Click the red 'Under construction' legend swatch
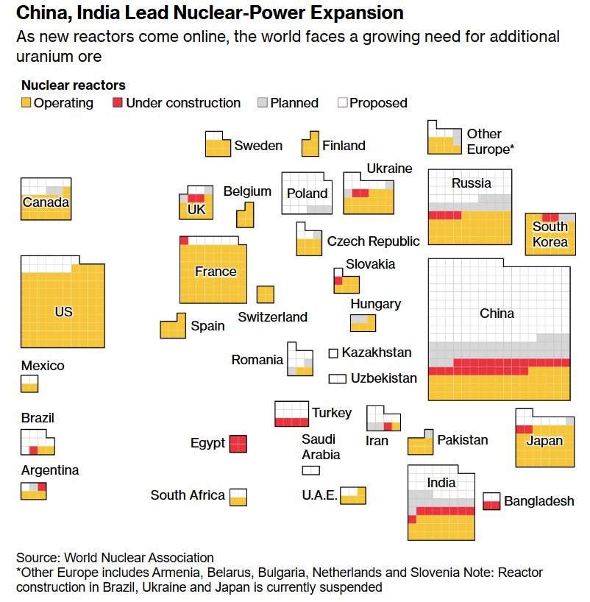[117, 103]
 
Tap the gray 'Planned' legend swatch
[262, 103]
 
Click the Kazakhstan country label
[376, 353]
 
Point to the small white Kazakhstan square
[333, 353]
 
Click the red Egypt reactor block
[238, 444]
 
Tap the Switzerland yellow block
[266, 294]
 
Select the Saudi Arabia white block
[310, 470]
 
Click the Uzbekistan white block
[337, 378]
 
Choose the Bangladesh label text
[539, 501]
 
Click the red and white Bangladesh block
[491, 501]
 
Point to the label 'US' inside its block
[64, 312]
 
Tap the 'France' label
[216, 272]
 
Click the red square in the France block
[184, 241]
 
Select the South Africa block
[238, 497]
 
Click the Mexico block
[29, 383]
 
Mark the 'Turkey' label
[332, 413]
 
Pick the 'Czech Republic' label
[373, 241]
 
